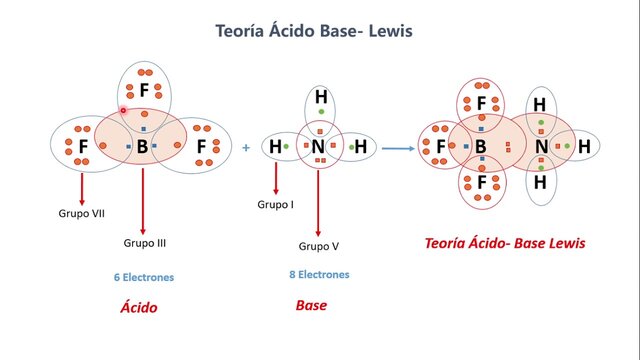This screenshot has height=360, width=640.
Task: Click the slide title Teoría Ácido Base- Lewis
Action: (x=314, y=31)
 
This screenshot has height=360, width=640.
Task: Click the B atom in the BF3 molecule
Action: (x=142, y=148)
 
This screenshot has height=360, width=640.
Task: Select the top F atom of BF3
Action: (x=144, y=91)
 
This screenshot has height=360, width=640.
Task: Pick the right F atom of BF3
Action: (x=202, y=148)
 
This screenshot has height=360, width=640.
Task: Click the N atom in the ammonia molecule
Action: (x=318, y=147)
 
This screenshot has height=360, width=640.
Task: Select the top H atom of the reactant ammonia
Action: (x=321, y=97)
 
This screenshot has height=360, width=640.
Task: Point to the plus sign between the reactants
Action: (x=246, y=148)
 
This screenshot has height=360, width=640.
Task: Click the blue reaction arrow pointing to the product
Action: (x=399, y=148)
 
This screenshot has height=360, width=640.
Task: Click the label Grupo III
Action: (x=144, y=243)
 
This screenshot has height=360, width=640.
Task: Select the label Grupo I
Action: (x=277, y=204)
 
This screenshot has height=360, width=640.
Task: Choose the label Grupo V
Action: (x=319, y=246)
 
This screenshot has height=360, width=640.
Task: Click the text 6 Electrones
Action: (x=144, y=277)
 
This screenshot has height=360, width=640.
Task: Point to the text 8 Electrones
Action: (x=319, y=274)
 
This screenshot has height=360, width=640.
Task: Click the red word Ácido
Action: (x=139, y=307)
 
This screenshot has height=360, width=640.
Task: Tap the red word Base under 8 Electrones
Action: (x=311, y=305)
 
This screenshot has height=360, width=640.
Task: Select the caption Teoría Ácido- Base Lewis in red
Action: (x=505, y=243)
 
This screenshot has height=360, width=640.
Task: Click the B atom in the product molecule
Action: (x=481, y=148)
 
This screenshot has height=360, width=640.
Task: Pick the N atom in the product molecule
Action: (x=541, y=148)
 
